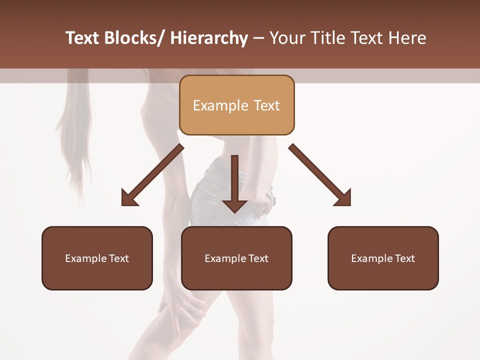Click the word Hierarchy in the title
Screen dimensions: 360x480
point(209,38)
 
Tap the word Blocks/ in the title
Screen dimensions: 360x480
point(132,38)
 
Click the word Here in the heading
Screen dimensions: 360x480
point(408,38)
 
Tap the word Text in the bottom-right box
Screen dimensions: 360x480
point(404,258)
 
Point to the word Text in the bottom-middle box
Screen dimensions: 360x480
point(257,258)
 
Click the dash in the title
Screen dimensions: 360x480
point(258,38)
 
